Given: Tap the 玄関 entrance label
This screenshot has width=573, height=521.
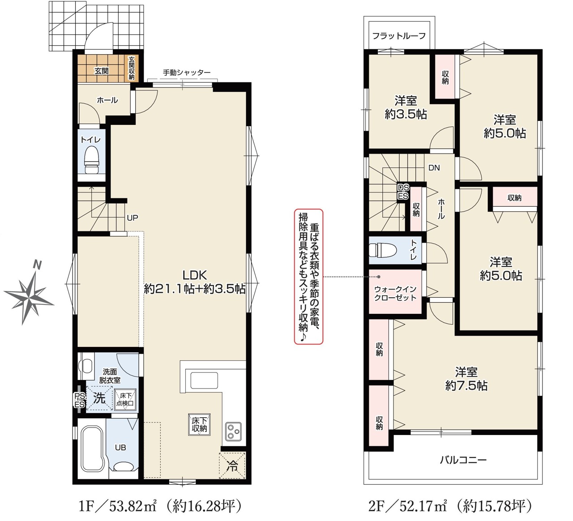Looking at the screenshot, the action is click(102, 71).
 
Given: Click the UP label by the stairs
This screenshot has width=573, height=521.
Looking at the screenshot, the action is click(132, 218).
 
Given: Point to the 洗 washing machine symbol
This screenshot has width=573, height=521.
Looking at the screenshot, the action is click(99, 398).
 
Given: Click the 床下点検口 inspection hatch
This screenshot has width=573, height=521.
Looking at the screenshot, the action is click(125, 400).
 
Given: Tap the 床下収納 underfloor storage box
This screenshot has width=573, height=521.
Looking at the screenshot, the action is click(199, 424).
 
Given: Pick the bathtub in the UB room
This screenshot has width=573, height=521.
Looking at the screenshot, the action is click(91, 450).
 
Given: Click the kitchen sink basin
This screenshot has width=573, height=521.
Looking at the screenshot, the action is click(204, 380).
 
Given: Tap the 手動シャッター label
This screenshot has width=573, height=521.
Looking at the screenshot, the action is click(187, 73).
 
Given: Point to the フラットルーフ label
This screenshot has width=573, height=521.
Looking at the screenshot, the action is click(399, 36).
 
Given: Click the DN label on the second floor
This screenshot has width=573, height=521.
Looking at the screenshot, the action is click(434, 168).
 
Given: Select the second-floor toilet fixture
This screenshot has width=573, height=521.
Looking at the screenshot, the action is click(383, 250).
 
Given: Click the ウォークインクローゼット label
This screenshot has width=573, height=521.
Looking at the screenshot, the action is click(395, 294).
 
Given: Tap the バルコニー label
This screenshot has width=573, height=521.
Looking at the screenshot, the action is click(463, 460).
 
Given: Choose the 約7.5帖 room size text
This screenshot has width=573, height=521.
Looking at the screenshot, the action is click(466, 386).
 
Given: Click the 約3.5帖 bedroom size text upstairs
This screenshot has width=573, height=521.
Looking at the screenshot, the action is click(406, 115).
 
